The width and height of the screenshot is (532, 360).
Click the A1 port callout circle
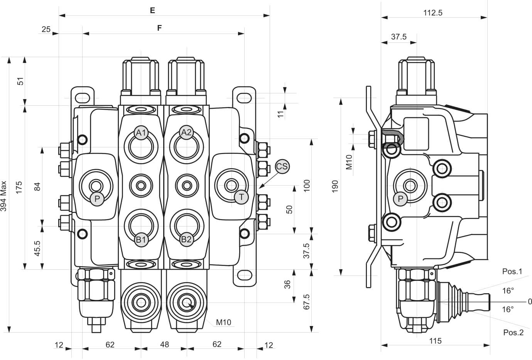click(142, 134)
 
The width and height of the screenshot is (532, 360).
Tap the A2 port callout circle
click(187, 133)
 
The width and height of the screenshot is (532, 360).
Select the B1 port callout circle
click(142, 240)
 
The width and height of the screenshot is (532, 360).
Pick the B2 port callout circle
click(187, 239)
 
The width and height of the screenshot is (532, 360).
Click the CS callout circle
click(282, 167)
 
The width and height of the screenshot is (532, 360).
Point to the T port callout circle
click(242, 197)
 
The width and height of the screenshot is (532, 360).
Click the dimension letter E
click(152, 10)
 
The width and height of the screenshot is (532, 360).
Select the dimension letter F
click(159, 28)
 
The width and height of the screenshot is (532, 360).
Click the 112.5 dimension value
click(432, 12)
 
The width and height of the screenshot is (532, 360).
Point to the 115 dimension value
click(435, 341)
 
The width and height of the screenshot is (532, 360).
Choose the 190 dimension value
click(334, 186)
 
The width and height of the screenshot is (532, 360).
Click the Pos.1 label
click(512, 272)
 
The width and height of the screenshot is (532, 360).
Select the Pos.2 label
click(513, 333)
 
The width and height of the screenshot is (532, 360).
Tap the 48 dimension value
click(164, 344)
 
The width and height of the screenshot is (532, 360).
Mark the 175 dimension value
click(19, 187)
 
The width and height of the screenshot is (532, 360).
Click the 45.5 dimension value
click(37, 248)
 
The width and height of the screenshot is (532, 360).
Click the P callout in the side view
click(401, 199)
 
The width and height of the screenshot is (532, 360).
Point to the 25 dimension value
click(46, 29)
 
